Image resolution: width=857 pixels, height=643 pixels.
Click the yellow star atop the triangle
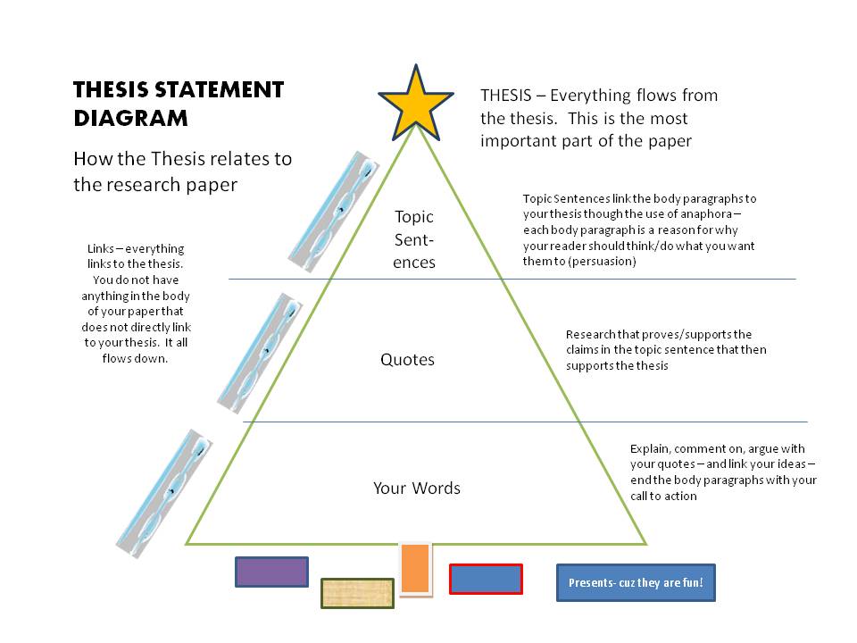coord(416,104)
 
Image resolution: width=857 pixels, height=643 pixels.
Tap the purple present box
coord(271,572)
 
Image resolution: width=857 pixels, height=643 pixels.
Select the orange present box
coord(415,569)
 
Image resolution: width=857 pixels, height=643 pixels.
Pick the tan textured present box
coord(357,593)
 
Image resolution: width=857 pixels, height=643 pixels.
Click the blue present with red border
coord(486,579)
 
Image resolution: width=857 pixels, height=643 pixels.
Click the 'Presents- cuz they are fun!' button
coord(636,583)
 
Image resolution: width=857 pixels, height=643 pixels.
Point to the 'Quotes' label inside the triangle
coord(407,359)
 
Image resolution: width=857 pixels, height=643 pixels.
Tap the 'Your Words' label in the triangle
coord(417,488)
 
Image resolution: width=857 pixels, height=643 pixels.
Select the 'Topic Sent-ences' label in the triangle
coord(414,239)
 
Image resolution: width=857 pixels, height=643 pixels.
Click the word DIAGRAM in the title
coord(130,119)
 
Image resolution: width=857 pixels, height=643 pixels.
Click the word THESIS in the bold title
coord(111,89)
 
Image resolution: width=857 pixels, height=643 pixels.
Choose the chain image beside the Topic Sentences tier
coord(333,212)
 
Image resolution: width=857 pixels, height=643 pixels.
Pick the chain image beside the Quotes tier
coord(260,354)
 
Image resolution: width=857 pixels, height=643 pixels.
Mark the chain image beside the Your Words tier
coord(164,494)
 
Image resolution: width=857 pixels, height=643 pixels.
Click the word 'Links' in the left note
coord(101,249)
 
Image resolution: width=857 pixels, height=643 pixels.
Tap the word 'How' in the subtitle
coord(93,159)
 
